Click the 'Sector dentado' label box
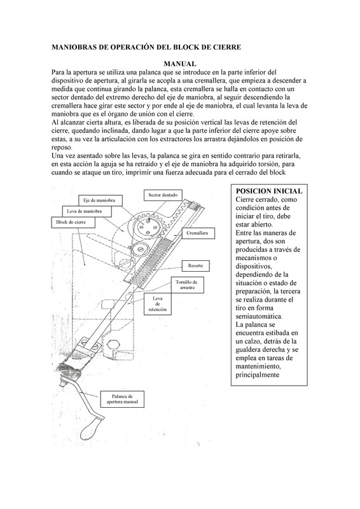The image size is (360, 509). tap(163, 195)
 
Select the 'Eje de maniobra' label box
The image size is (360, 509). tap(100, 200)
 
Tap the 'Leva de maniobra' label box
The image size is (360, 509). tap(87, 211)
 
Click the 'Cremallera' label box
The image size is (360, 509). tap(197, 233)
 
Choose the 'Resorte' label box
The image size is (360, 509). tap(195, 266)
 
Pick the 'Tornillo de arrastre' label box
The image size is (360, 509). tap(187, 285)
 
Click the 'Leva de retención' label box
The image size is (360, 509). tap(157, 304)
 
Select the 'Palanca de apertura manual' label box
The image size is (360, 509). tap(122, 399)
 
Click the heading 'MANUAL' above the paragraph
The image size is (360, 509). tap(179, 64)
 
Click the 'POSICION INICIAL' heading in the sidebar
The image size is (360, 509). tap(269, 192)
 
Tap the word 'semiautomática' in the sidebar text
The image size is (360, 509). tap(259, 316)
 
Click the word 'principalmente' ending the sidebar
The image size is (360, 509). tap(258, 375)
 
